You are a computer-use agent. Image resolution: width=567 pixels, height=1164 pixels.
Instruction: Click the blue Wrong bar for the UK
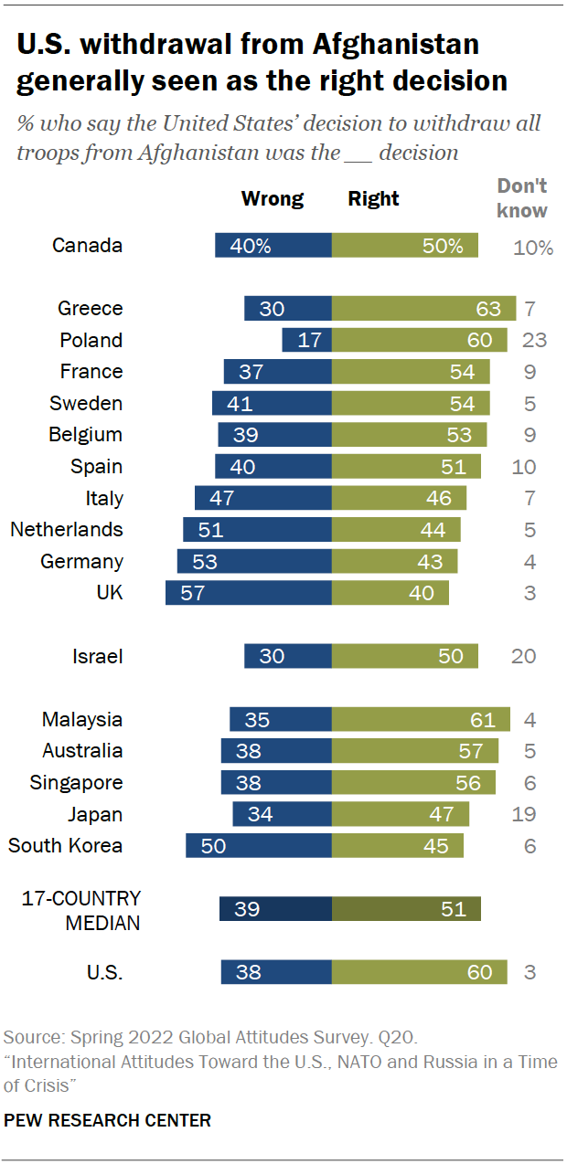(248, 593)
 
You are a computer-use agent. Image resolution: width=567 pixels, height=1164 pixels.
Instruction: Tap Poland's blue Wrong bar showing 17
(306, 340)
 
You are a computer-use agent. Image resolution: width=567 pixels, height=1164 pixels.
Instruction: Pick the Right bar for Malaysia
(421, 720)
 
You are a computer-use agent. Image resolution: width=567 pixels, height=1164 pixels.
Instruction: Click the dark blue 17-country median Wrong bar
(275, 909)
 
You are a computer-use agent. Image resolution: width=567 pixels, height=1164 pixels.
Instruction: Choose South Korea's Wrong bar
(258, 846)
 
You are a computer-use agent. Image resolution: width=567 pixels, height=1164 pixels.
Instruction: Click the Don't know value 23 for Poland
(535, 340)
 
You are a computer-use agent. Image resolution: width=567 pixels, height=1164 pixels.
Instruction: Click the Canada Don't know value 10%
(533, 247)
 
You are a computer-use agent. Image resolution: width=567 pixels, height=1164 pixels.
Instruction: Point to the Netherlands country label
(67, 530)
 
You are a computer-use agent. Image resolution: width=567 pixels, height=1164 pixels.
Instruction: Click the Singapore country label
(76, 783)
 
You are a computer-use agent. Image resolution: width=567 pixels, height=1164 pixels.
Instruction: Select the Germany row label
(81, 562)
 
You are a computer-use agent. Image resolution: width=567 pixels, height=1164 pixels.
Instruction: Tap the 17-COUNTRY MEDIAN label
(81, 910)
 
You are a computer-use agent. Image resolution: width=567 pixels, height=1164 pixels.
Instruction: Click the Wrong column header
(272, 198)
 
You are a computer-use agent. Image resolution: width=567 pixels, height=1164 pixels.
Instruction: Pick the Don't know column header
(522, 198)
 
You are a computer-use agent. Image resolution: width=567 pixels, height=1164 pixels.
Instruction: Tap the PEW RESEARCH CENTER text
(108, 1119)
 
